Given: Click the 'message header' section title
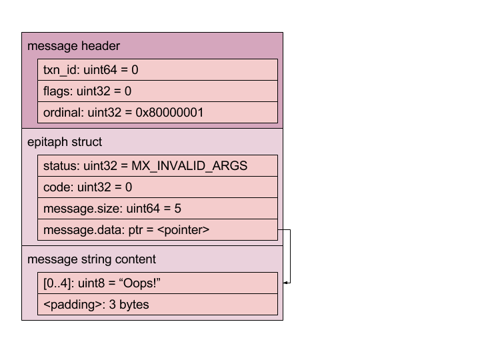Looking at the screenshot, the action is pos(73,46).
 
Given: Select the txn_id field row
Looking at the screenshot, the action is pos(157,70).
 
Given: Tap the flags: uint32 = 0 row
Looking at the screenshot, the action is pos(157,91).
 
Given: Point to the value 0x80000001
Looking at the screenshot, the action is pos(169,113).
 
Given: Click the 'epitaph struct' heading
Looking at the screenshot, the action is pos(65,142).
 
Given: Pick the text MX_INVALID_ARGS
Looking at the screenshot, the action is pos(189,166).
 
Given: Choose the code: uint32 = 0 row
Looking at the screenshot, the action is pos(157,187).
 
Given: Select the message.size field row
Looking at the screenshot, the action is pos(157,209).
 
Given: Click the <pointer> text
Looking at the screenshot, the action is pos(183,230).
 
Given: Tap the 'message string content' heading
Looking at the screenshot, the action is pos(91,259).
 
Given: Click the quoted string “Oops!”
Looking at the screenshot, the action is pos(141,283).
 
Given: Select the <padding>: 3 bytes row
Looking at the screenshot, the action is pos(157,305).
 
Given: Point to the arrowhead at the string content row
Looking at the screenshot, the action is pos(285,283).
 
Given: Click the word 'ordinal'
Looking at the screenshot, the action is pos(63,113).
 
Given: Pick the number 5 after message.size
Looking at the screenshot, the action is pos(178,209).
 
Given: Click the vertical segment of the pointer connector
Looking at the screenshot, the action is pos(290,256).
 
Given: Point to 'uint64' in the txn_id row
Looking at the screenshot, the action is pos(100,70).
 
